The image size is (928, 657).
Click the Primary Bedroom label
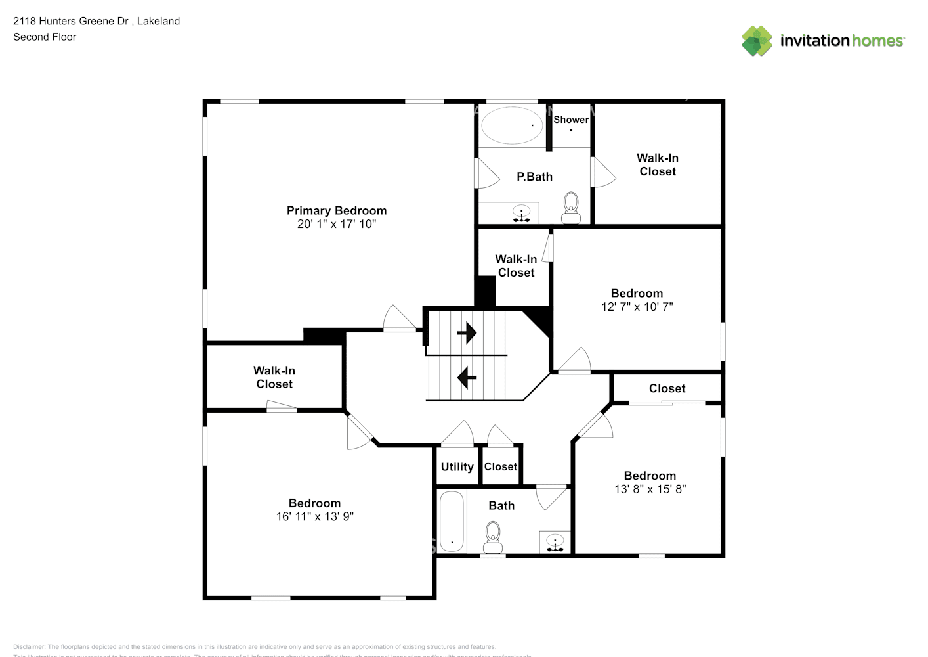coord(336,210)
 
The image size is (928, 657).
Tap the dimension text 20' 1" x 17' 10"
coord(336,224)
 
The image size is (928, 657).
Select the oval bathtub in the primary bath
coord(512,125)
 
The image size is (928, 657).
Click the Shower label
coord(570,120)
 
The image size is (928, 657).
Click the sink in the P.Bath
coord(521,214)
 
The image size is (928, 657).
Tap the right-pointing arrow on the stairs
coord(467,333)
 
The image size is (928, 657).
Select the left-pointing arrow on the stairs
coord(467,377)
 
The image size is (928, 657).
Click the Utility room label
coord(457,466)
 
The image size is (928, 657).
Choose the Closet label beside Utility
coord(500,466)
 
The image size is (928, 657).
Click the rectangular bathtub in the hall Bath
coord(452,522)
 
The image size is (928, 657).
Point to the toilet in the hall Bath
coord(492,537)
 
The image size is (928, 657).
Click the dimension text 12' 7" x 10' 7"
coord(637,307)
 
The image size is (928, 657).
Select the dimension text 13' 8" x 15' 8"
coord(650,489)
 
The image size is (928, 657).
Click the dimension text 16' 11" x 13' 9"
coord(314,517)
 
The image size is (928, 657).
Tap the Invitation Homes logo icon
coord(757,41)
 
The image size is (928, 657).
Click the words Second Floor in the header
coord(45,37)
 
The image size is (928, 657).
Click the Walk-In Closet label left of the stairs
coord(274,377)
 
